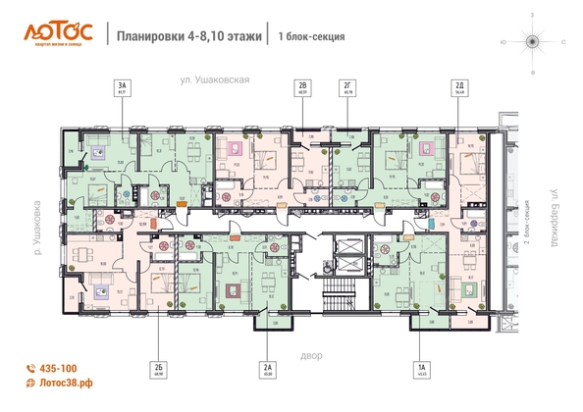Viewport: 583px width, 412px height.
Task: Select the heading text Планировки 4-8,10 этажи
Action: click(x=189, y=36)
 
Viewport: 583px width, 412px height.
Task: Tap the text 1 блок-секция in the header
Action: click(x=311, y=36)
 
